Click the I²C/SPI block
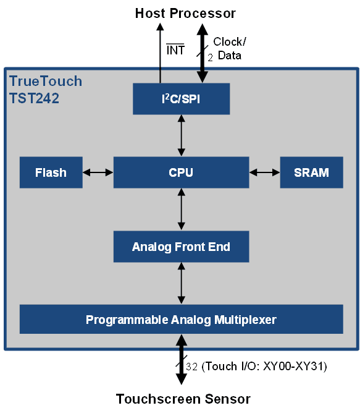click(x=181, y=99)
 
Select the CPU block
click(x=181, y=172)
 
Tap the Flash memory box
click(x=51, y=172)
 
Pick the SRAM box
click(x=311, y=172)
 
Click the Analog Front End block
click(x=181, y=247)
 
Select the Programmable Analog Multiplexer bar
click(x=182, y=319)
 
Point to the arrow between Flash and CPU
click(x=98, y=172)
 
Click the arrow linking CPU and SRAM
click(x=264, y=172)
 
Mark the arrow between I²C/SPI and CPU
click(x=182, y=135)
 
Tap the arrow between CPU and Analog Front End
click(x=182, y=210)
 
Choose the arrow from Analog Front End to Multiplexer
click(x=182, y=283)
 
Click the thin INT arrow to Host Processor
click(x=160, y=53)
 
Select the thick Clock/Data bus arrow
click(x=203, y=53)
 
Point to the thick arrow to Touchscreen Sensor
click(x=182, y=360)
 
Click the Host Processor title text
click(x=185, y=13)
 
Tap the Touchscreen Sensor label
click(x=183, y=399)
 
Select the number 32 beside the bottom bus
click(x=191, y=367)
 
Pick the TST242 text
click(x=34, y=98)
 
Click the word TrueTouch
click(x=46, y=81)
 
